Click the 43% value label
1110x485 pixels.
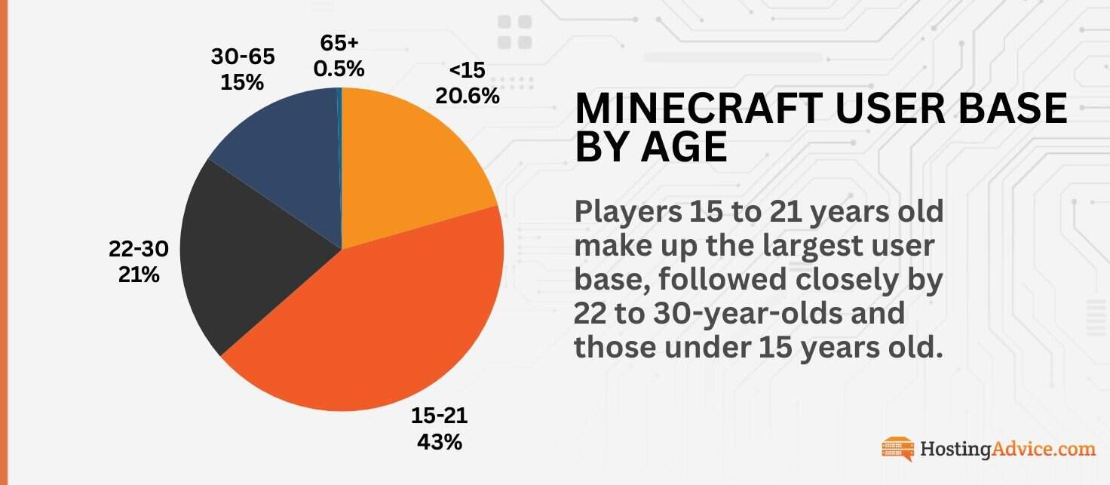click(439, 441)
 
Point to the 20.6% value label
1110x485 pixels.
click(468, 96)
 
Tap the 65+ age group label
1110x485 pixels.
click(339, 43)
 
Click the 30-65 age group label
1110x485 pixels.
click(242, 57)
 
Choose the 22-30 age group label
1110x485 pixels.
click(139, 250)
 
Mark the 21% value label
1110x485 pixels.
click(139, 275)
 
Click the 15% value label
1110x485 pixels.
click(242, 82)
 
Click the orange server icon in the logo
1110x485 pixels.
click(897, 449)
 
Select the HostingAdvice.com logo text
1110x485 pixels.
click(1007, 450)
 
